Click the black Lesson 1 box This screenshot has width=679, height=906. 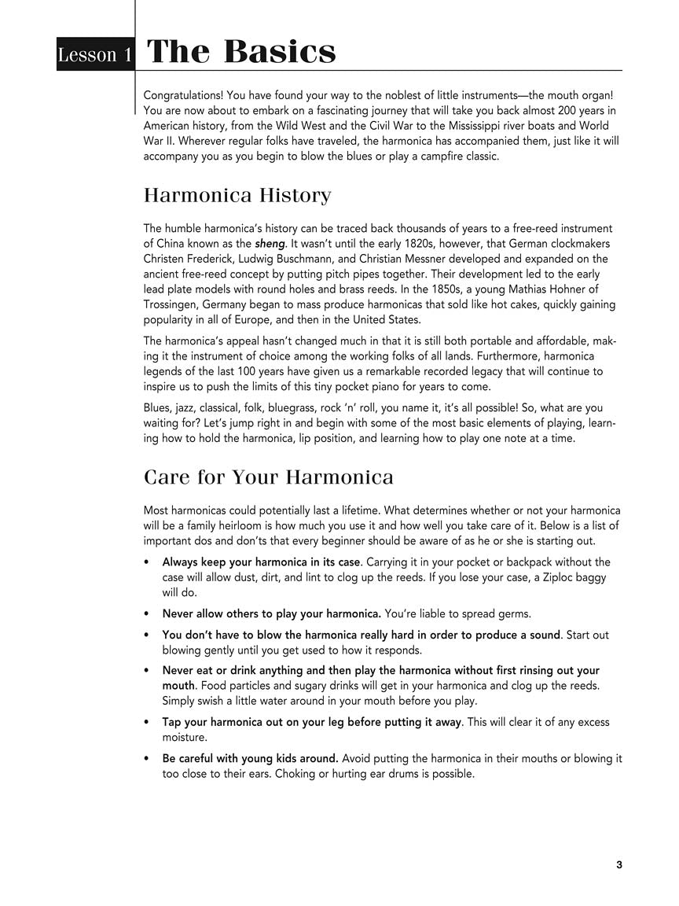tap(94, 54)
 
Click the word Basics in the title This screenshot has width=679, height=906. tap(280, 52)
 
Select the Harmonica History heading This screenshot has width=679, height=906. tap(237, 195)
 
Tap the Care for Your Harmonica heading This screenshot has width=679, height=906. tap(269, 477)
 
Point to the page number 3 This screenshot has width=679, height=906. tap(619, 865)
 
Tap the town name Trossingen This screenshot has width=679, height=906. tap(172, 304)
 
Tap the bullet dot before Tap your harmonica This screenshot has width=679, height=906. tap(148, 722)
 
